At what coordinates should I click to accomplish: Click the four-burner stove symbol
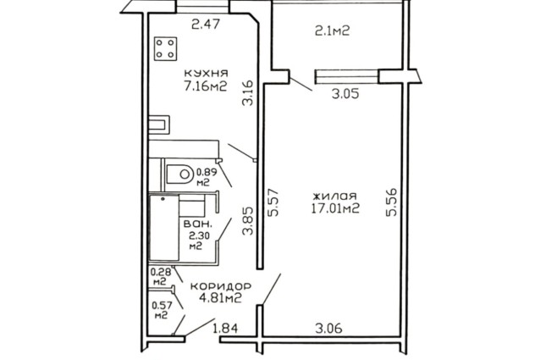(x=165, y=49)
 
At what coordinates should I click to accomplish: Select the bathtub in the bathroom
(x=164, y=228)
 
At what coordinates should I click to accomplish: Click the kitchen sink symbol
(x=159, y=125)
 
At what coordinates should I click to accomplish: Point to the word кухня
(x=206, y=73)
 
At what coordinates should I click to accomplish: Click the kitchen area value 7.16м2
(x=206, y=86)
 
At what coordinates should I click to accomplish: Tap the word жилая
(x=335, y=196)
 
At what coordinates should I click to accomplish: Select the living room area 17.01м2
(x=335, y=208)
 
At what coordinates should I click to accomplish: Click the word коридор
(x=221, y=286)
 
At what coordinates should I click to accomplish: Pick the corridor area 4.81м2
(x=220, y=298)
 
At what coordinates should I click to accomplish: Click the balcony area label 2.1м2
(x=333, y=31)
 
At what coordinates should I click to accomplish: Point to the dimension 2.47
(x=205, y=25)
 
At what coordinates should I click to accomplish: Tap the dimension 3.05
(x=345, y=93)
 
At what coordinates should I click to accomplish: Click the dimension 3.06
(x=328, y=329)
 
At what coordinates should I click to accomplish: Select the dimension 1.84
(x=225, y=329)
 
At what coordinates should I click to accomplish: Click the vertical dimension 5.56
(x=392, y=202)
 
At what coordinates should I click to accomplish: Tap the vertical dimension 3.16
(x=248, y=92)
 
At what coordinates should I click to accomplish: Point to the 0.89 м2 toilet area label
(x=207, y=177)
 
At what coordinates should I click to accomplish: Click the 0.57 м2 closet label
(x=162, y=310)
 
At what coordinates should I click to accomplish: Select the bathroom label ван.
(x=198, y=224)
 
